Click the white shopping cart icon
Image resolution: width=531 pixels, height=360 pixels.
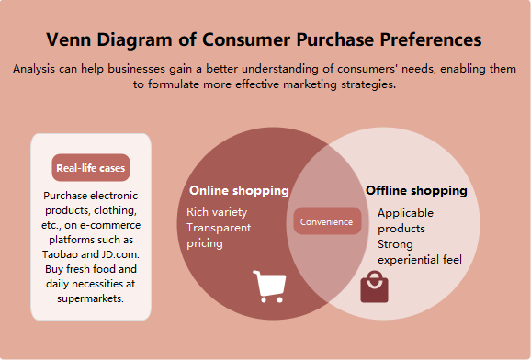(x=269, y=286)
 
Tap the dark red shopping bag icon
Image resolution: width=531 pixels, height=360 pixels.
(x=374, y=287)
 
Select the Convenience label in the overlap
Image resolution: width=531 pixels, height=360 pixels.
(x=327, y=221)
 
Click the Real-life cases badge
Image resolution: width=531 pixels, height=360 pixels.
(x=91, y=168)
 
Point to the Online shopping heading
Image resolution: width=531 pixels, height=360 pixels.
(x=239, y=191)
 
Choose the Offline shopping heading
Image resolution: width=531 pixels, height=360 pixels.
(x=416, y=191)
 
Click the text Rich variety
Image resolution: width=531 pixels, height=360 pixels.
(x=218, y=212)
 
